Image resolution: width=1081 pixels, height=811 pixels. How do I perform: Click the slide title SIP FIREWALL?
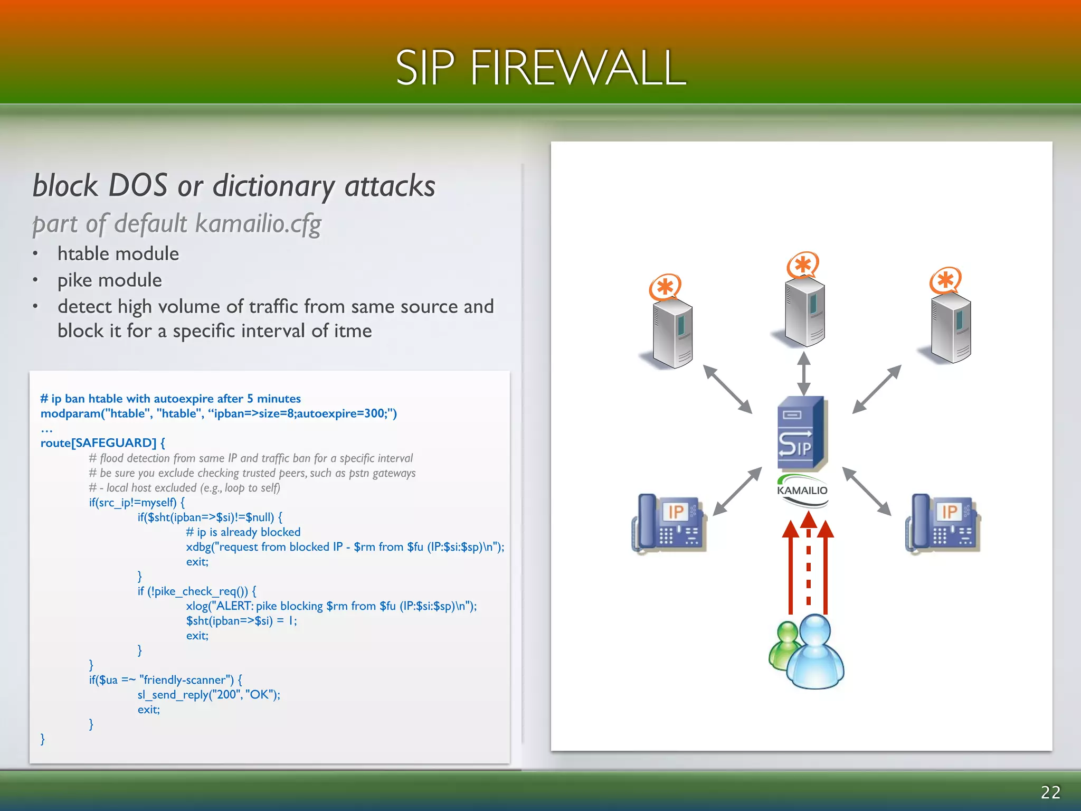pos(540,68)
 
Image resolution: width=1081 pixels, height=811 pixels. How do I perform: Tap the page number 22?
pos(1050,792)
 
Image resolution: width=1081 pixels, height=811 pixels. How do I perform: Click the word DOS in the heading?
pos(137,186)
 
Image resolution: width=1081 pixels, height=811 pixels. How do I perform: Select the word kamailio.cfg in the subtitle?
pos(258,224)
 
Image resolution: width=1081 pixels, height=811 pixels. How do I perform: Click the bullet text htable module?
pos(118,254)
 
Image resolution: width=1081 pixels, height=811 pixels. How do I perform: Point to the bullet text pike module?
pos(110,280)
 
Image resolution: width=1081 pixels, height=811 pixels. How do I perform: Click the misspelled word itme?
pos(353,331)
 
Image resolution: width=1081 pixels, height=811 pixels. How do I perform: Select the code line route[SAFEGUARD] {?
pos(103,443)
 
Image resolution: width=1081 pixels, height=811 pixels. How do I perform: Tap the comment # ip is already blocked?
pos(243,532)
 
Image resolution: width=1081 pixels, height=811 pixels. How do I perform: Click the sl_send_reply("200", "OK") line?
pos(208,695)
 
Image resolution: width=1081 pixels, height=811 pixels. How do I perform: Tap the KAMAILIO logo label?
pos(802,491)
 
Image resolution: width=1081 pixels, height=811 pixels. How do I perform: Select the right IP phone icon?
pos(943,523)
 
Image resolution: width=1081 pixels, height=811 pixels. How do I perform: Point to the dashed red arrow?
pos(808,565)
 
